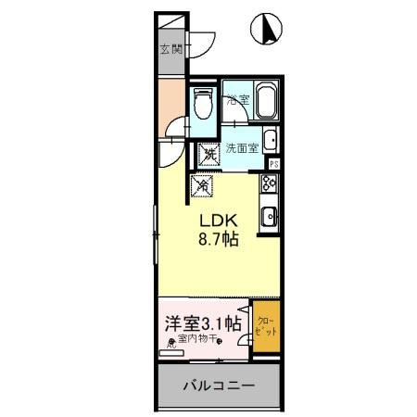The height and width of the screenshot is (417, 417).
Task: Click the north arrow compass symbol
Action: [x=268, y=31]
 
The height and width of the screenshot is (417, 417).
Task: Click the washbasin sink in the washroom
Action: [x=271, y=142]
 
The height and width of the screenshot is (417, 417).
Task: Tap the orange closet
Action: [x=265, y=329]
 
